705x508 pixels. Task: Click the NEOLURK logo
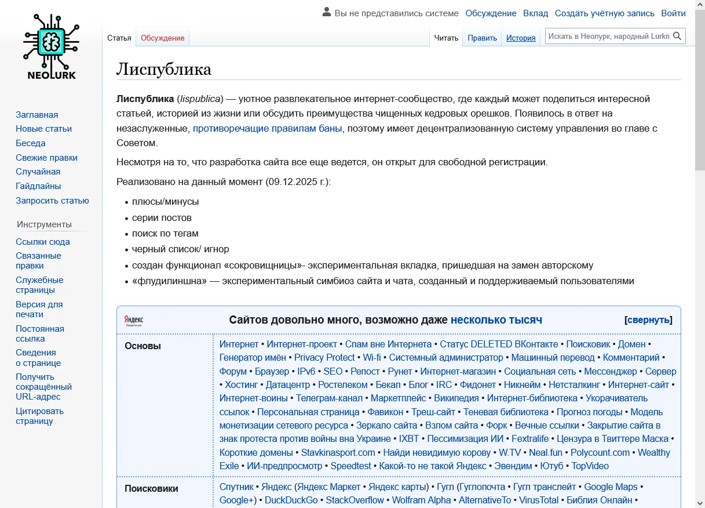point(51,46)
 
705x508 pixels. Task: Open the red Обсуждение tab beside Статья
point(162,38)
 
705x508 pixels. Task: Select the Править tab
point(482,38)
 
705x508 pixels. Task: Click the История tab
point(521,38)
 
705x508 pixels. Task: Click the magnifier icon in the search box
point(677,36)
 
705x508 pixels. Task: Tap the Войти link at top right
point(673,13)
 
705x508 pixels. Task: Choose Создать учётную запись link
point(604,13)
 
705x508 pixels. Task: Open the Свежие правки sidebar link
point(46,158)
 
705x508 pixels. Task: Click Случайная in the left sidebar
point(38,172)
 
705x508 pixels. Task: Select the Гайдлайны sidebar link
point(38,186)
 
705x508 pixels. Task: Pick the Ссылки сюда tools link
point(43,242)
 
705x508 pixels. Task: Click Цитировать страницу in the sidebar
point(39,416)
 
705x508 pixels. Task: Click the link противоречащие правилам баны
point(267,128)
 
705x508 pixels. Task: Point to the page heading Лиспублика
point(164,70)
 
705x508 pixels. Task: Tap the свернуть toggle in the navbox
point(648,320)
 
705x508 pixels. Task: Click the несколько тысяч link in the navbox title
point(496,320)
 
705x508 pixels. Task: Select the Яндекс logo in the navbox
point(134,320)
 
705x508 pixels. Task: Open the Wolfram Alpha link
point(421,500)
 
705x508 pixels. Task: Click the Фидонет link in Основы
point(478,384)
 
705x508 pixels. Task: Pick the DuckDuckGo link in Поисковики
point(291,500)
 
